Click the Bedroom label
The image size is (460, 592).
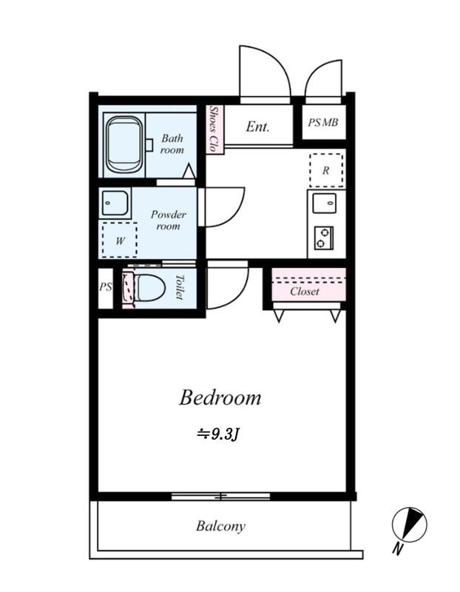pos(220,397)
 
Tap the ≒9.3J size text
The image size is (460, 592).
pos(217,434)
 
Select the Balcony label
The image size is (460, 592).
pos(220,526)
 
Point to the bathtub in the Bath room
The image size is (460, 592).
pos(124,145)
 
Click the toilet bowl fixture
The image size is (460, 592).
pos(149,288)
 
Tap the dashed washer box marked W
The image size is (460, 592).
pos(120,240)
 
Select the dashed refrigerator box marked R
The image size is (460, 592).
pos(326,170)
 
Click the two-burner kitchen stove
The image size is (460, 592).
pos(324,238)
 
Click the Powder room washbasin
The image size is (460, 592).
pos(115,203)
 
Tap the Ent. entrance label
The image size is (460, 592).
pos(258,127)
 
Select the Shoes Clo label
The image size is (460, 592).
pos(214,129)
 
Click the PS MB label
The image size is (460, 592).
pos(323,122)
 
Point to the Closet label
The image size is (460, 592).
pos(305,291)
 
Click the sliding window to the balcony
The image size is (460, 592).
pos(220,496)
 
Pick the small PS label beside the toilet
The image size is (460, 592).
pos(106,287)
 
